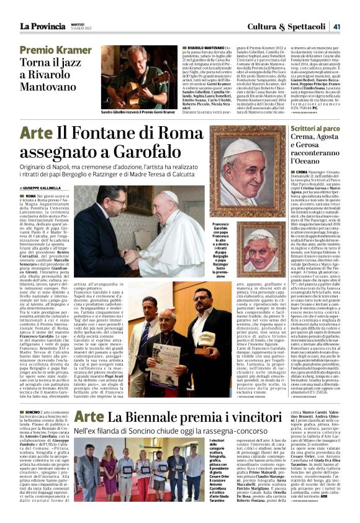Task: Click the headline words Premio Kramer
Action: tap(55, 50)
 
